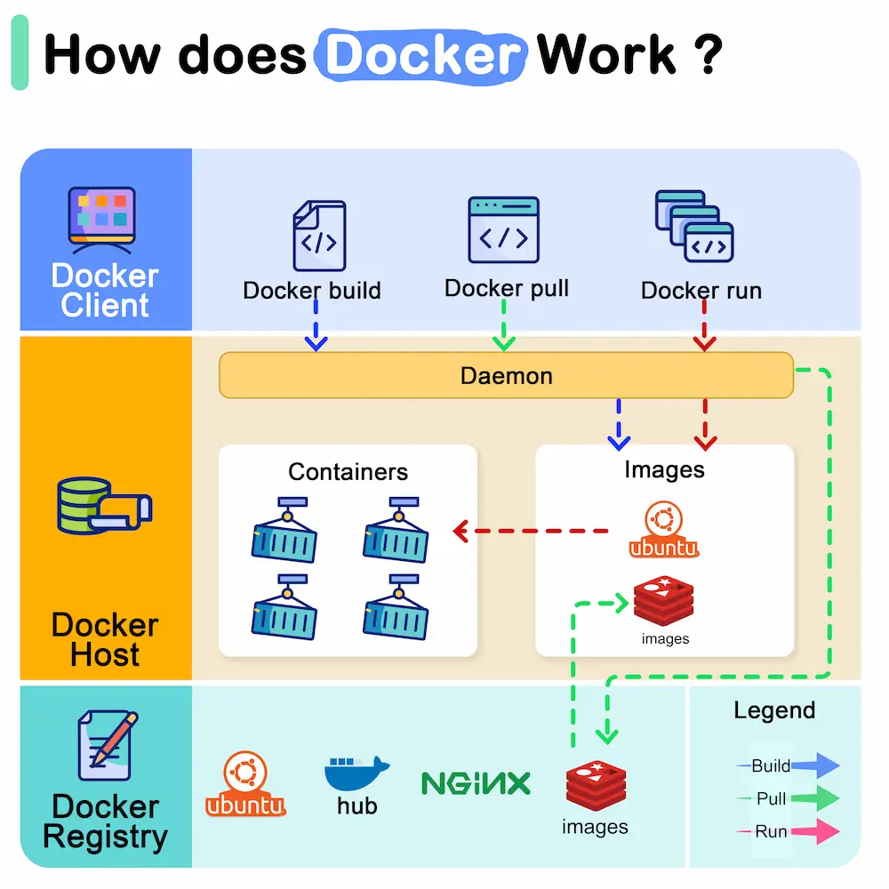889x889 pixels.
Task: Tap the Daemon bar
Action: pyautogui.click(x=506, y=375)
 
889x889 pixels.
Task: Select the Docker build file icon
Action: pyautogui.click(x=318, y=236)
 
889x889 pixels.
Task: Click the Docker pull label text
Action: pyautogui.click(x=506, y=288)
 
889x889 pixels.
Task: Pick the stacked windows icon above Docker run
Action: pyautogui.click(x=693, y=227)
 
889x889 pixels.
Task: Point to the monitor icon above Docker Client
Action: pyautogui.click(x=102, y=214)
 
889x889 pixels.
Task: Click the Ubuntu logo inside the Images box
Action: pyautogui.click(x=663, y=531)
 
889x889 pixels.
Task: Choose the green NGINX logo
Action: pyautogui.click(x=476, y=782)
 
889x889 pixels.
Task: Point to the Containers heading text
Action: pyautogui.click(x=348, y=471)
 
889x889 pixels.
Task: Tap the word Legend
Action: pyautogui.click(x=773, y=710)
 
